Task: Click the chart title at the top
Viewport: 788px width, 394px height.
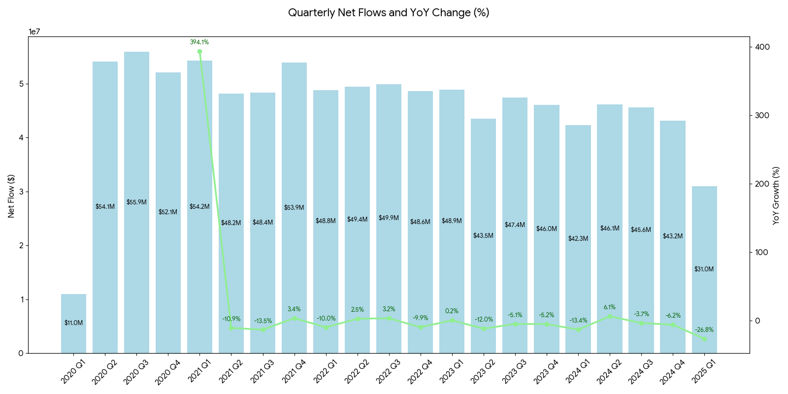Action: tap(389, 13)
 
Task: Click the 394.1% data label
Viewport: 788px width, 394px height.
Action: tap(199, 42)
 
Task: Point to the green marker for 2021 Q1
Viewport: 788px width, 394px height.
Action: tap(199, 52)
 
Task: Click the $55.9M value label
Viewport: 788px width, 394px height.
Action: tap(136, 202)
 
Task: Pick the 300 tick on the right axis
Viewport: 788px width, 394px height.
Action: tap(762, 115)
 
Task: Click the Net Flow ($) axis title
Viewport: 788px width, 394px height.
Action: tap(11, 196)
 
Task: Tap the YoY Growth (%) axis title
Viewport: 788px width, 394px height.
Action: tap(776, 196)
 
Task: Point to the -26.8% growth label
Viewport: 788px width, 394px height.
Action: tap(704, 330)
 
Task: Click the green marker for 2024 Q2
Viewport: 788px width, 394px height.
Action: tap(610, 316)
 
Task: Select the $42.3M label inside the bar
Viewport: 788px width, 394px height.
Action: tap(578, 238)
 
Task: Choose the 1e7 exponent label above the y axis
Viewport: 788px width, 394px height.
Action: tap(34, 32)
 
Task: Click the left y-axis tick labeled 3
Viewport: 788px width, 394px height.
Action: tap(21, 192)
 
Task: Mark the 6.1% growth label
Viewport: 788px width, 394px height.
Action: tap(610, 307)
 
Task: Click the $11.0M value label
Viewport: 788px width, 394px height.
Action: tap(73, 323)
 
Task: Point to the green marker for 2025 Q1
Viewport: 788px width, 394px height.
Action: tap(704, 339)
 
